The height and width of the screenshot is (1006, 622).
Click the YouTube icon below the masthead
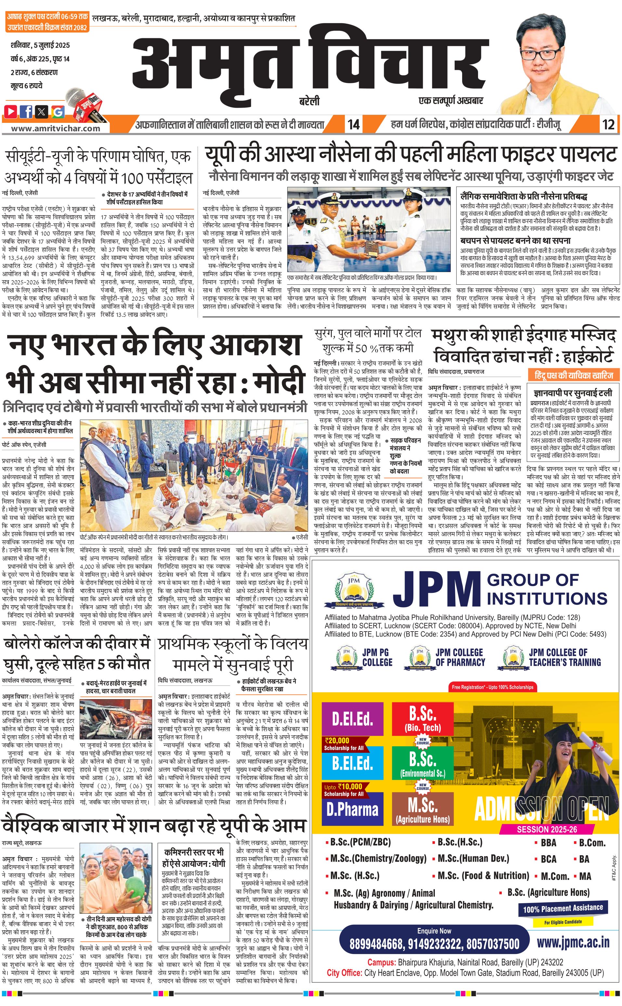(x=11, y=111)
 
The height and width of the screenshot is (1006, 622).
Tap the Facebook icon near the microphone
(x=27, y=111)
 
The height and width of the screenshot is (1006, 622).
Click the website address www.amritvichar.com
(x=56, y=128)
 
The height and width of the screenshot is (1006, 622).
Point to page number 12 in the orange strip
(x=608, y=124)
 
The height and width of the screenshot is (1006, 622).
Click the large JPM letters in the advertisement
(x=436, y=589)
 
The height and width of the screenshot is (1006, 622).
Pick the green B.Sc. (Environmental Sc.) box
(x=423, y=764)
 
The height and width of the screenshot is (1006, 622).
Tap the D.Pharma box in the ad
(x=353, y=809)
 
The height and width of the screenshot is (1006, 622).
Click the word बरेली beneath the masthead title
(x=309, y=101)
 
